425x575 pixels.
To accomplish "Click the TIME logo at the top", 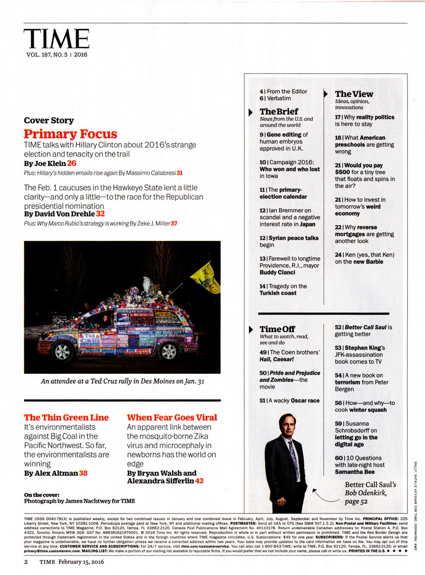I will tap(56, 39).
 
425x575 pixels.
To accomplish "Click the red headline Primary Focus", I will tap(71, 134).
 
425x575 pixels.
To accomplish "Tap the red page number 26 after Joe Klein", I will tap(72, 163).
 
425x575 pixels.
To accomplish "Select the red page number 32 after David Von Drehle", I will tap(100, 214).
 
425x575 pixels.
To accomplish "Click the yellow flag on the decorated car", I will tap(205, 276).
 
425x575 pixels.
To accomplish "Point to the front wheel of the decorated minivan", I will tap(63, 352).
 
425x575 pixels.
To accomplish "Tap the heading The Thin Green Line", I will tap(66, 417).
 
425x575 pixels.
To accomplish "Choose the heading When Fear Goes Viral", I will tap(172, 417).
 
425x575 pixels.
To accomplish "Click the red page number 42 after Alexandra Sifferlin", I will tap(199, 481).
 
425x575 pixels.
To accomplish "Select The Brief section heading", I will tap(278, 111).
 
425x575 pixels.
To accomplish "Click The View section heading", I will tap(354, 94).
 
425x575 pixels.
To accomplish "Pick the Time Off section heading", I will tap(277, 329).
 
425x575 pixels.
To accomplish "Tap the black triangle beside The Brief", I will tap(251, 112).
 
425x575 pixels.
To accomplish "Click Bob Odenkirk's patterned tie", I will tap(293, 453).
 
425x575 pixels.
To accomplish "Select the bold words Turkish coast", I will tap(278, 293).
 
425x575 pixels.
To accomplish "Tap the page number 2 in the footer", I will tap(26, 562).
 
